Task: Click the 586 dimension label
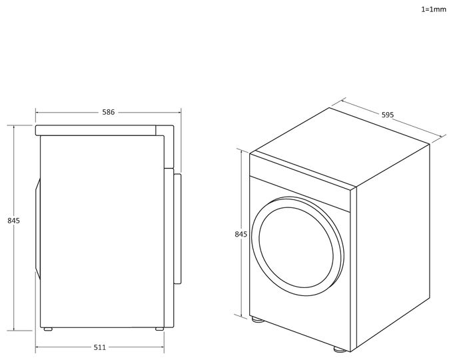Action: click(109, 112)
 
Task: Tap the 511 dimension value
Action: click(100, 347)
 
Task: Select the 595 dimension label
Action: click(388, 115)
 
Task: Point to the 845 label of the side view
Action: click(13, 221)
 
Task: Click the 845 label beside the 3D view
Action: click(241, 234)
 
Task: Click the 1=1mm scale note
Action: click(434, 9)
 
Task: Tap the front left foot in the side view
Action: click(48, 329)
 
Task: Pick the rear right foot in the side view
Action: click(159, 329)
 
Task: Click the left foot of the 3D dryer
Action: click(257, 319)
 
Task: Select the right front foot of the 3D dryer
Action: click(340, 349)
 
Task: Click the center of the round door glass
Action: click(296, 247)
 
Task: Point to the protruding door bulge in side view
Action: click(38, 229)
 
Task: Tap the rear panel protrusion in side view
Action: click(177, 229)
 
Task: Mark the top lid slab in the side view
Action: click(95, 130)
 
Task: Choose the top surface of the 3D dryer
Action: click(340, 148)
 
